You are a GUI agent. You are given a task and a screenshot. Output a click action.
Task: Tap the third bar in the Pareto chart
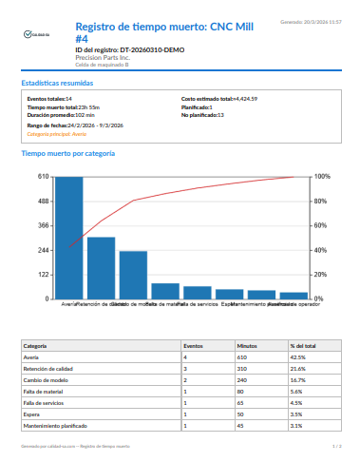click(x=133, y=275)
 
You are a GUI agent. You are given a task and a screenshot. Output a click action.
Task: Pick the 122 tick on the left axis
click(x=43, y=275)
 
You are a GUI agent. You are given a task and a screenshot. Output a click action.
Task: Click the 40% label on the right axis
click(x=321, y=250)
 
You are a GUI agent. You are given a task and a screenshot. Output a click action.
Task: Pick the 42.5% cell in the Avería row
click(x=296, y=356)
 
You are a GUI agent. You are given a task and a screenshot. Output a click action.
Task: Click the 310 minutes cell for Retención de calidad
click(x=242, y=367)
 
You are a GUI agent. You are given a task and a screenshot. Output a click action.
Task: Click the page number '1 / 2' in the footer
click(x=336, y=445)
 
